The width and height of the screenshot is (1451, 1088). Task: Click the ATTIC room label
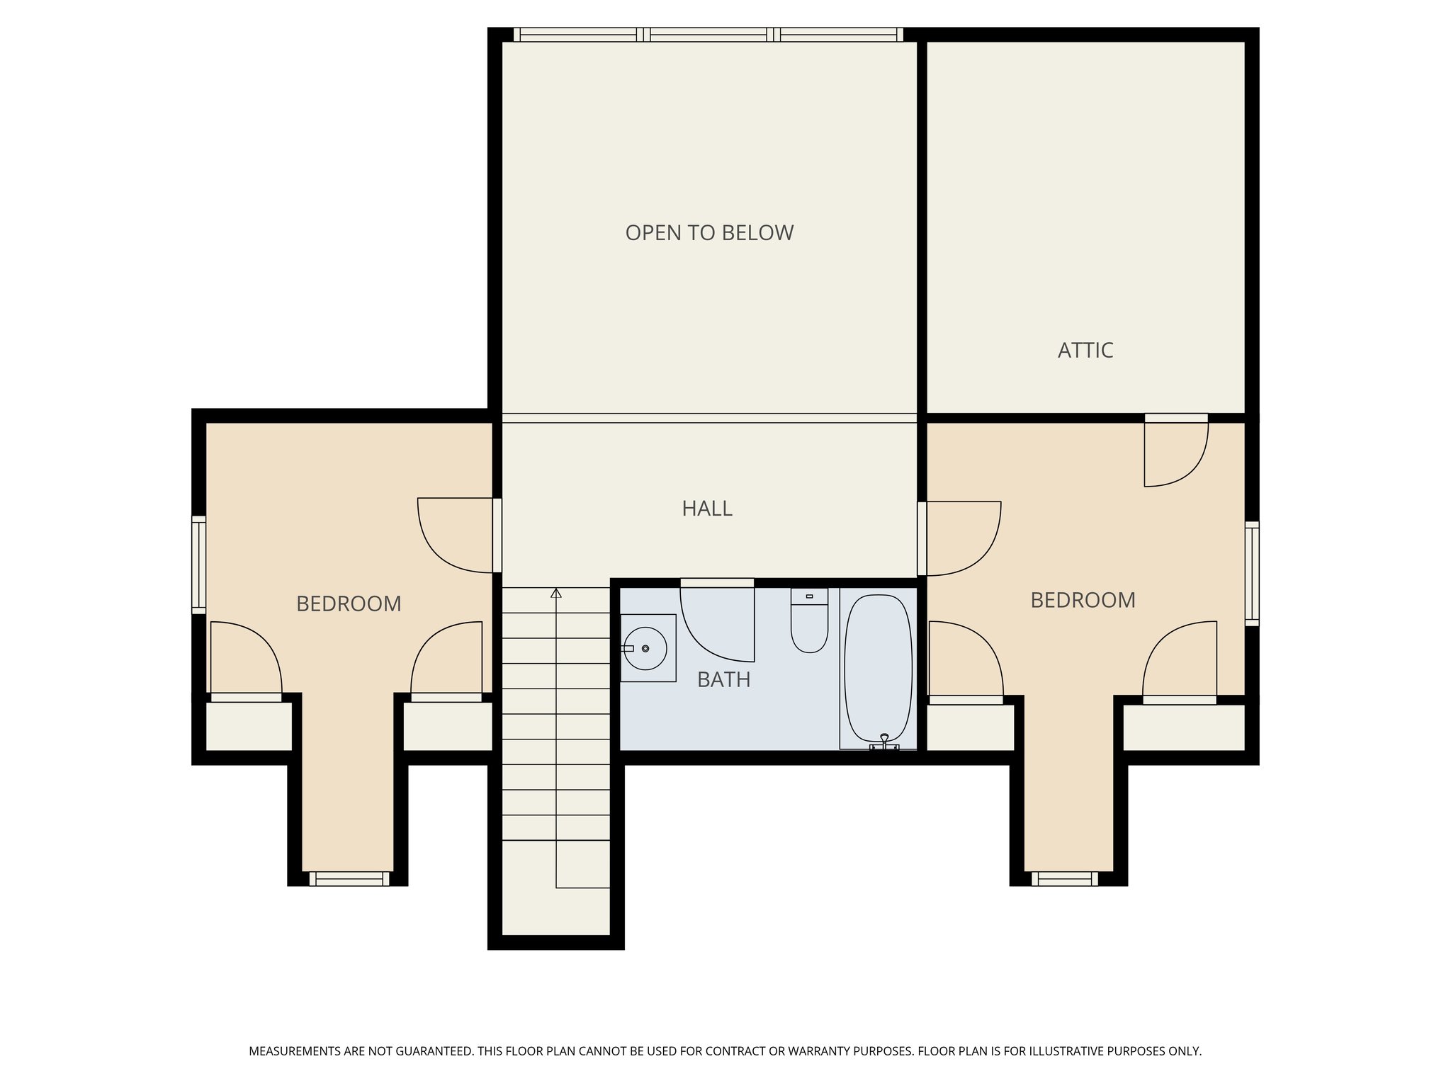(x=1085, y=350)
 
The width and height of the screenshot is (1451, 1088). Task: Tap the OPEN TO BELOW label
(x=709, y=233)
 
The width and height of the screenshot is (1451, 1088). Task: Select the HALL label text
(x=706, y=509)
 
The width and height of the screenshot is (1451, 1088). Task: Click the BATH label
(x=723, y=680)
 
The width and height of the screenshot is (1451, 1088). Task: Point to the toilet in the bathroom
(x=809, y=623)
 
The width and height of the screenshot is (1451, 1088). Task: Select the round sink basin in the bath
(x=645, y=648)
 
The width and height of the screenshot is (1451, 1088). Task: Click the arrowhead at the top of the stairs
(x=556, y=593)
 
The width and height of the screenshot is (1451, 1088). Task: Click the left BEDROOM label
(x=349, y=604)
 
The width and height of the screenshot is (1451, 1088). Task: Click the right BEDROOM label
(x=1082, y=601)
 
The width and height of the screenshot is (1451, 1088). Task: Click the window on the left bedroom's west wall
(x=199, y=565)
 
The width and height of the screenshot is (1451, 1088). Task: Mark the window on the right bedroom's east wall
(x=1252, y=574)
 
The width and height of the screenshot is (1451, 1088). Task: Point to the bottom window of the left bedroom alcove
(x=349, y=879)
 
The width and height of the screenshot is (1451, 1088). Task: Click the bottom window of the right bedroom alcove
(x=1064, y=879)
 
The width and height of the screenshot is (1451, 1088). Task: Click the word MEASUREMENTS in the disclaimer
(x=294, y=1051)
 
